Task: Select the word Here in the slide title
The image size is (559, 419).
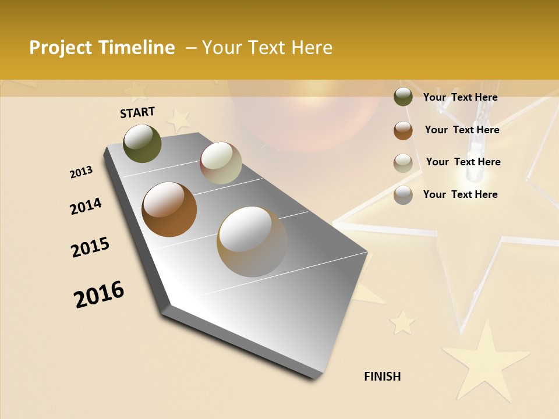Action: click(312, 48)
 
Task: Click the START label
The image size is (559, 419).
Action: click(137, 112)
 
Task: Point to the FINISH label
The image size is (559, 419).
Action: click(382, 377)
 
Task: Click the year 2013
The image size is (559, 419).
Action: click(81, 172)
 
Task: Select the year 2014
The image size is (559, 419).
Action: click(86, 206)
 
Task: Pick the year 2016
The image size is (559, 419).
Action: click(99, 294)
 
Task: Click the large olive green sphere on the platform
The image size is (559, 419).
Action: click(143, 143)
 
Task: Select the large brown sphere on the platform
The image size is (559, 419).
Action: click(169, 210)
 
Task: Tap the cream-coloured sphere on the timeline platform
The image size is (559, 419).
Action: click(221, 163)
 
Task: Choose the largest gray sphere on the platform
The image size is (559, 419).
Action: click(252, 241)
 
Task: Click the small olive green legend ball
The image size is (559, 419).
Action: click(403, 97)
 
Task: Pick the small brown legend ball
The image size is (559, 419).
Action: click(403, 130)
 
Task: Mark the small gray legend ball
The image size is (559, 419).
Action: click(403, 195)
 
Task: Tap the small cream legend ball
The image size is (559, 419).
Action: click(403, 163)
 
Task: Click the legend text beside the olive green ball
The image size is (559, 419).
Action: click(460, 97)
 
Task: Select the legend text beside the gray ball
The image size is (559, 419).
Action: click(460, 194)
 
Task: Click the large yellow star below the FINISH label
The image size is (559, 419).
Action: click(484, 361)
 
